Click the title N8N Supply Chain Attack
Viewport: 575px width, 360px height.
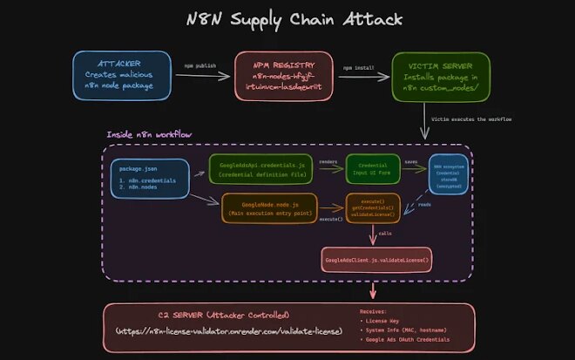tap(287, 18)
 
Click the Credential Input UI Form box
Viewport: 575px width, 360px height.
tap(373, 169)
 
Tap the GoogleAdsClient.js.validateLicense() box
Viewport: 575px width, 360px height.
tap(378, 259)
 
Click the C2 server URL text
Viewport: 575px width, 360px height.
tap(230, 332)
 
